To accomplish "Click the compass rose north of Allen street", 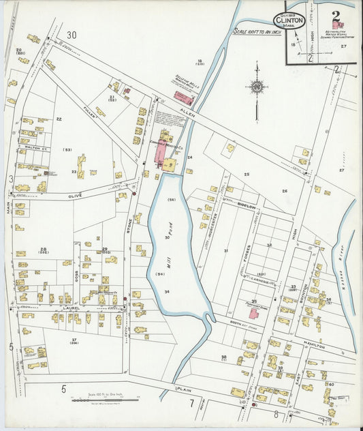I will click(257, 87).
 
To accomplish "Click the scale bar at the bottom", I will click(104, 400).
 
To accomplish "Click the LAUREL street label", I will click(73, 308).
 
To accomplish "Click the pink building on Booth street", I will click(254, 314).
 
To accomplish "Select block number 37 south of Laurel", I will click(73, 340).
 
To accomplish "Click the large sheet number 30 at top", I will click(72, 34).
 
